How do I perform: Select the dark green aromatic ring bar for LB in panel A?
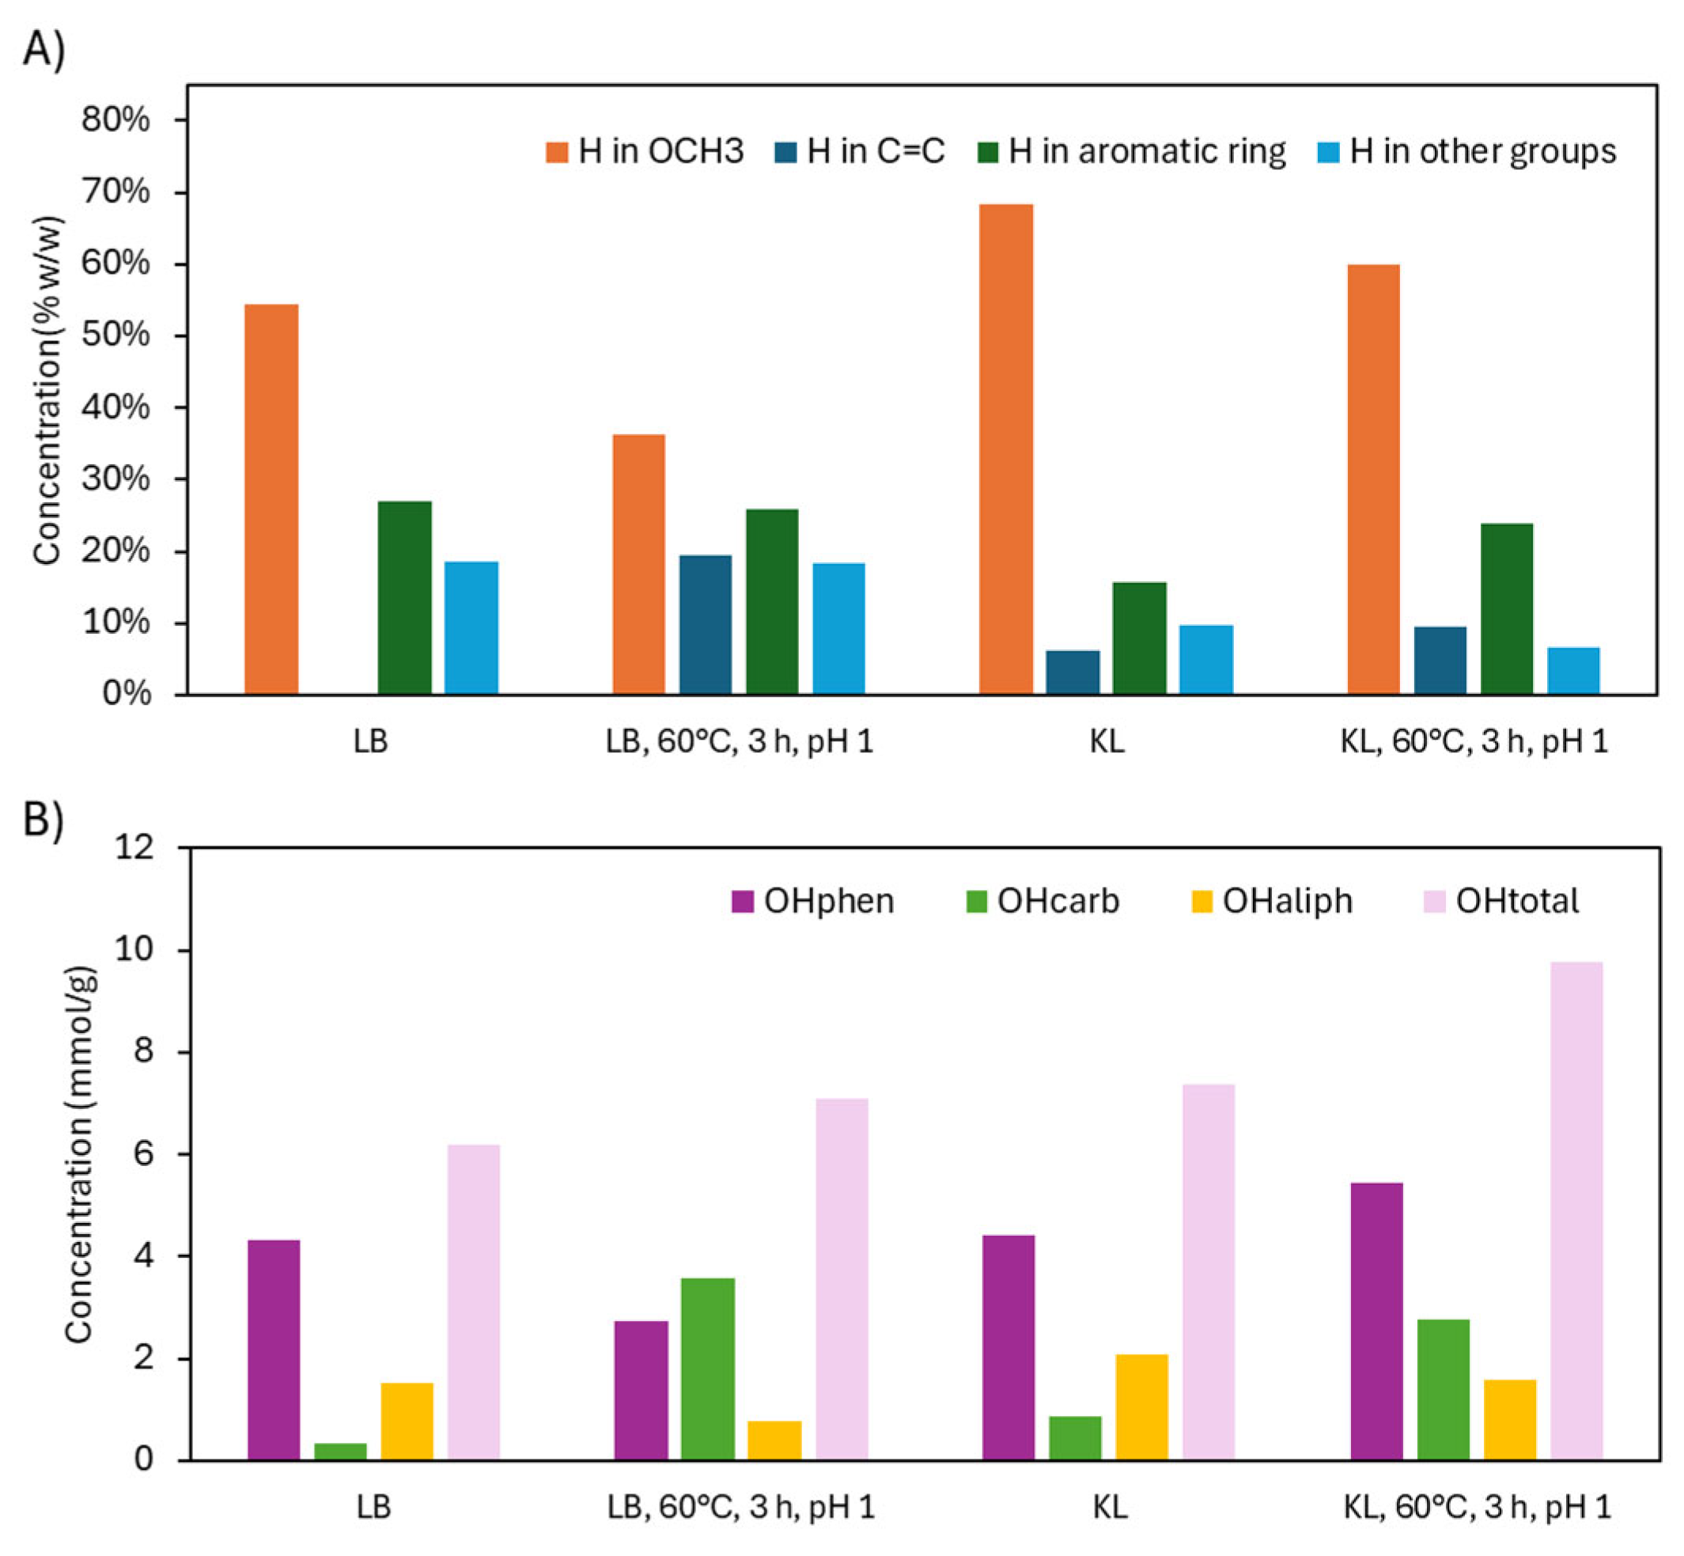[x=404, y=598]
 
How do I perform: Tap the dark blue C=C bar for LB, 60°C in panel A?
[x=706, y=625]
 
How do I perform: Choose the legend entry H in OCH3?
[x=645, y=152]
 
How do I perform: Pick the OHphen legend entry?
[x=812, y=901]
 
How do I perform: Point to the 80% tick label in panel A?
[x=115, y=119]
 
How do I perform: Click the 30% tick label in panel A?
[x=115, y=479]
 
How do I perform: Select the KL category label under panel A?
[x=1107, y=741]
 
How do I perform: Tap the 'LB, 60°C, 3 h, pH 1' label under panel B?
[x=741, y=1506]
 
